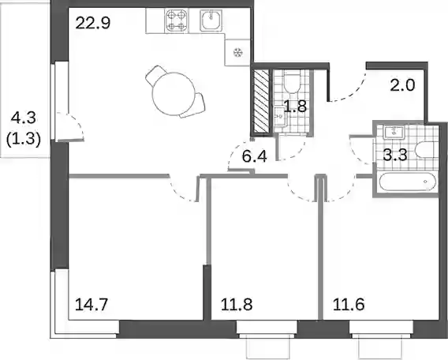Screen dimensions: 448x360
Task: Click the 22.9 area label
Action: [93, 23]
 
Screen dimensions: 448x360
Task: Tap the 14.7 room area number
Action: [91, 305]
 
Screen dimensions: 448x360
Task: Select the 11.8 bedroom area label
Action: [237, 305]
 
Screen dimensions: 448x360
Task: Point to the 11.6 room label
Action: [349, 305]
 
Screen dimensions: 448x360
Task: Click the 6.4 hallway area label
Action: [254, 156]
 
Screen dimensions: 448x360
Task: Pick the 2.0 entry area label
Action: [402, 85]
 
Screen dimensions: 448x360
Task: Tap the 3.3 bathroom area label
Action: [395, 156]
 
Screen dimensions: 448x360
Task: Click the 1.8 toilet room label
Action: [296, 107]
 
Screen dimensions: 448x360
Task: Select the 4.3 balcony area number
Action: [24, 118]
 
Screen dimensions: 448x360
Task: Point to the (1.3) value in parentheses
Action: [24, 140]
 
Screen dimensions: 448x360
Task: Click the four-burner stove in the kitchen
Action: [177, 21]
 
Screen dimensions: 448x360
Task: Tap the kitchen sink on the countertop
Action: [211, 20]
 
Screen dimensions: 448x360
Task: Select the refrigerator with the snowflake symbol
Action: [237, 53]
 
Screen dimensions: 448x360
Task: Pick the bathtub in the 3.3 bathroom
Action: [408, 182]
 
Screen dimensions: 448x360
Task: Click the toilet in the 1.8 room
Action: [291, 82]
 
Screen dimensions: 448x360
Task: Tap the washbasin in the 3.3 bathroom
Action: [394, 132]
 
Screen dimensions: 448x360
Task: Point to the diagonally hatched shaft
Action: [261, 102]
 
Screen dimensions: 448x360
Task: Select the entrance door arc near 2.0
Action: [353, 91]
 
